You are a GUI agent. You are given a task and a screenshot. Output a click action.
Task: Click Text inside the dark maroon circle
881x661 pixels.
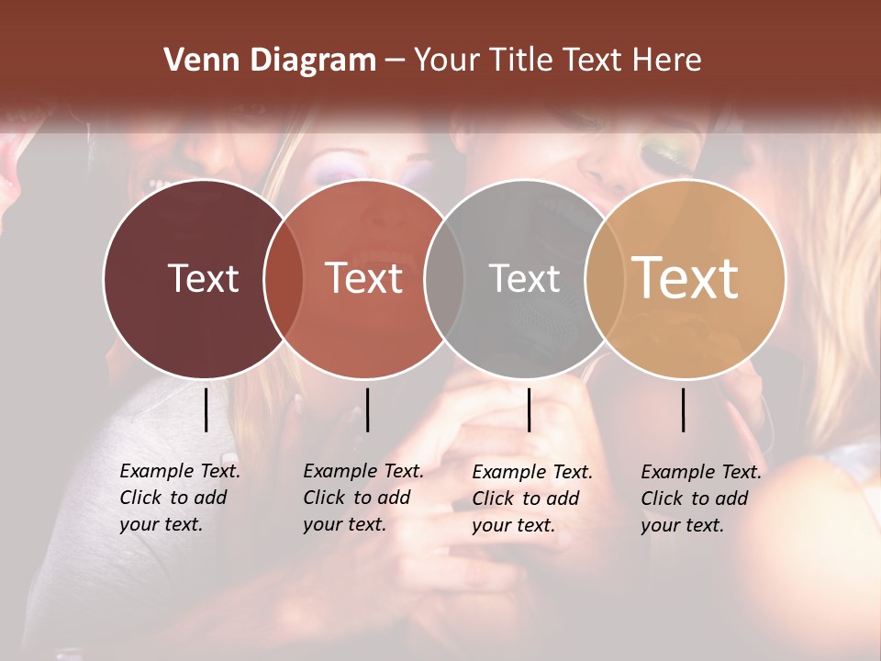click(x=203, y=278)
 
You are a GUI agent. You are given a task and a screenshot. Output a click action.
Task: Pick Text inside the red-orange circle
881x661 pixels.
click(x=364, y=278)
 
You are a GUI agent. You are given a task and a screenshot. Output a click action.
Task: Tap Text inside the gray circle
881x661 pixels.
click(x=524, y=278)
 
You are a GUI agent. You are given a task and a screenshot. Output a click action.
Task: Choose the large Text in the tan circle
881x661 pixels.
click(x=685, y=277)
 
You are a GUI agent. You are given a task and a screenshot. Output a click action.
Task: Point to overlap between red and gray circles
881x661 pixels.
click(x=444, y=279)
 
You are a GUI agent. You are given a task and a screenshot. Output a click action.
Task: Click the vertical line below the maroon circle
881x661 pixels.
click(x=206, y=409)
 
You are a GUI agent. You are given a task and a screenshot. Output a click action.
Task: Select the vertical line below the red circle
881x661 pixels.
click(x=367, y=409)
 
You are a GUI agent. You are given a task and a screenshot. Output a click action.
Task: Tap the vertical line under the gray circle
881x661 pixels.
click(x=529, y=409)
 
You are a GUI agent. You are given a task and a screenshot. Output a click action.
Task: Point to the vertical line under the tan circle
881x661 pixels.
click(x=683, y=409)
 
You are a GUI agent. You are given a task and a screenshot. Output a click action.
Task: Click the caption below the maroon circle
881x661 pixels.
click(x=180, y=498)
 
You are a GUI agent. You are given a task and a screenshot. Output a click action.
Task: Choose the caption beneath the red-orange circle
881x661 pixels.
click(x=363, y=498)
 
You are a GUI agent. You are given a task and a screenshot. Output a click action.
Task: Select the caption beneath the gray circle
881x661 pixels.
click(x=532, y=499)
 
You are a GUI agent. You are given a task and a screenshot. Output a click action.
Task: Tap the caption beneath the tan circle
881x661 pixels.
click(x=701, y=499)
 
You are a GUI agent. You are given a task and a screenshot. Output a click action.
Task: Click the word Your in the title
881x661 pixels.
click(x=447, y=61)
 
